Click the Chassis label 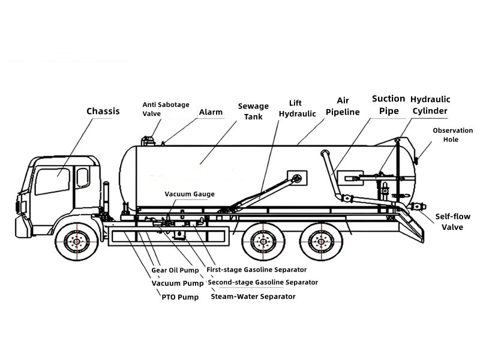103,111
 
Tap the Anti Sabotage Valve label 163,108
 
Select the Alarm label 211,112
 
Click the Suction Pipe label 389,104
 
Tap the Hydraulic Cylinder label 430,104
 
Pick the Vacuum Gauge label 190,194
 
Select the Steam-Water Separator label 253,296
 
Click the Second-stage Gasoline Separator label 262,282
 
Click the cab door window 53,181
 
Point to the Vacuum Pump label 177,283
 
